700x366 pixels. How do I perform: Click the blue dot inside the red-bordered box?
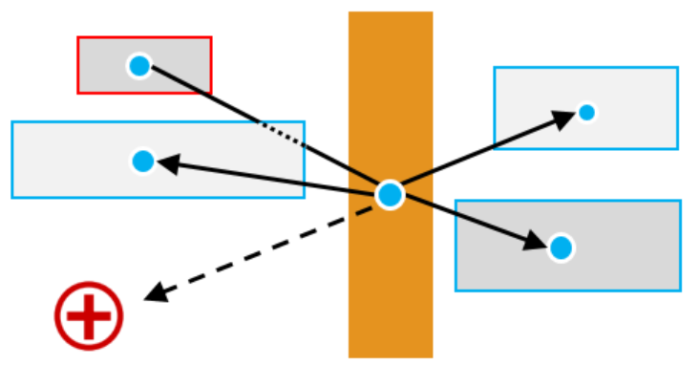[x=139, y=66]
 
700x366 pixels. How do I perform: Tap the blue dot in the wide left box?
[x=143, y=161]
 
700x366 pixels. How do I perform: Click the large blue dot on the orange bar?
[x=390, y=195]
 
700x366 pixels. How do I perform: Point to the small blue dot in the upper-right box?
[x=586, y=113]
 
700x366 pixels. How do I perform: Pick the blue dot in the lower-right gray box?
[x=562, y=248]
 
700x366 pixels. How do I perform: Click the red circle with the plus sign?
[x=89, y=315]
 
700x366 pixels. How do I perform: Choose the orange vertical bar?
[x=390, y=287]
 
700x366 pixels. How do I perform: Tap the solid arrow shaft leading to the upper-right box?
[x=477, y=156]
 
